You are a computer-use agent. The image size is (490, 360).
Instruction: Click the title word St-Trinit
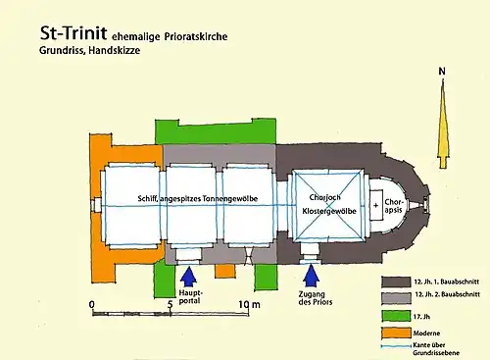pyautogui.click(x=73, y=33)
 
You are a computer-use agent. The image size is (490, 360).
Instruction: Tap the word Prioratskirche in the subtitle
pyautogui.click(x=196, y=36)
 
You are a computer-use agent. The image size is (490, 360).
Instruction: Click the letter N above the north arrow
pyautogui.click(x=442, y=71)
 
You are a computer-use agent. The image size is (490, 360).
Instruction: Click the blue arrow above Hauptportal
pyautogui.click(x=188, y=277)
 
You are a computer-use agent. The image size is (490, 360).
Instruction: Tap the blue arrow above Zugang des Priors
pyautogui.click(x=311, y=276)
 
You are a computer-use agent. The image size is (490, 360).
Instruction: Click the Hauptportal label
pyautogui.click(x=190, y=296)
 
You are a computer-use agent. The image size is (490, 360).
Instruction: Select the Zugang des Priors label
pyautogui.click(x=316, y=298)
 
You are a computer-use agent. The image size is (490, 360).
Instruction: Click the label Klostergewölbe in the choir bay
pyautogui.click(x=329, y=211)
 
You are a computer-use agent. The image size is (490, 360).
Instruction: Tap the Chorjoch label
pyautogui.click(x=324, y=197)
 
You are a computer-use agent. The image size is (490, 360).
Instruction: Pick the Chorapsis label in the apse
pyautogui.click(x=394, y=206)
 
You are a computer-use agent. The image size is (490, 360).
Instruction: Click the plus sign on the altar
pyautogui.click(x=375, y=205)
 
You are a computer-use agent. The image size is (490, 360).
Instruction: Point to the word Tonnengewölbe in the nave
pyautogui.click(x=230, y=199)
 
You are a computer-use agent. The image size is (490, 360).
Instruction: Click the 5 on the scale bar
pyautogui.click(x=170, y=305)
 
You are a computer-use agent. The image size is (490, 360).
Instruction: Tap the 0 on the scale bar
pyautogui.click(x=92, y=304)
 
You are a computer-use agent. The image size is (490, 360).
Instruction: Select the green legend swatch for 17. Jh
pyautogui.click(x=396, y=316)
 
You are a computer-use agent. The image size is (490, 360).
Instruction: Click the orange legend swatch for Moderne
pyautogui.click(x=396, y=334)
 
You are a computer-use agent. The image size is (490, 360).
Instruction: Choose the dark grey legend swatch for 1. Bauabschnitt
pyautogui.click(x=396, y=282)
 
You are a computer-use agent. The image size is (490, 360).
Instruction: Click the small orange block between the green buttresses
pyautogui.click(x=225, y=271)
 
